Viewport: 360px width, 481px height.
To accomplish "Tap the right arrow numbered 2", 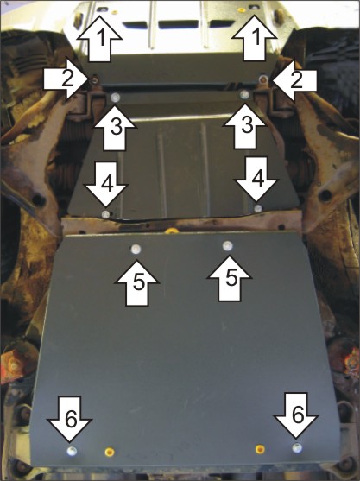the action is click(294, 80).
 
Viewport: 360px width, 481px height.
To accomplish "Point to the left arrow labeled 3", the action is click(115, 127).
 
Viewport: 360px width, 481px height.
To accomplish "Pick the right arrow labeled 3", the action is click(244, 126).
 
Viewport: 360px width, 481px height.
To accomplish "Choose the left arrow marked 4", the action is click(106, 184).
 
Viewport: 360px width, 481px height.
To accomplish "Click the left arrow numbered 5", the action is click(136, 283).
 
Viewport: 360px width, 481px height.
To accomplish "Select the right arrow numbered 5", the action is click(230, 279).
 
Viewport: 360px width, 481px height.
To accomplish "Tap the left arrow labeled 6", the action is click(71, 419).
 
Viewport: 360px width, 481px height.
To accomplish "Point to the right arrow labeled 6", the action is click(296, 415).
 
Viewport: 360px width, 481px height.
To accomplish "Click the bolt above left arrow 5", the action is click(136, 249).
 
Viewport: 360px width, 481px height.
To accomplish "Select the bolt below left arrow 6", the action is click(72, 451).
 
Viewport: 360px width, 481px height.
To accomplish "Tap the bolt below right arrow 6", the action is click(296, 448).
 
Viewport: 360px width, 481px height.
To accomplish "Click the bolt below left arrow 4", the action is click(106, 214).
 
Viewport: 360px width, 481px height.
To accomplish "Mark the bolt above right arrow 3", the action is click(244, 94).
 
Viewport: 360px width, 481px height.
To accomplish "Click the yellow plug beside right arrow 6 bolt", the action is click(260, 449).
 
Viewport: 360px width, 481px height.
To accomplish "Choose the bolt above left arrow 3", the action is click(116, 98).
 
